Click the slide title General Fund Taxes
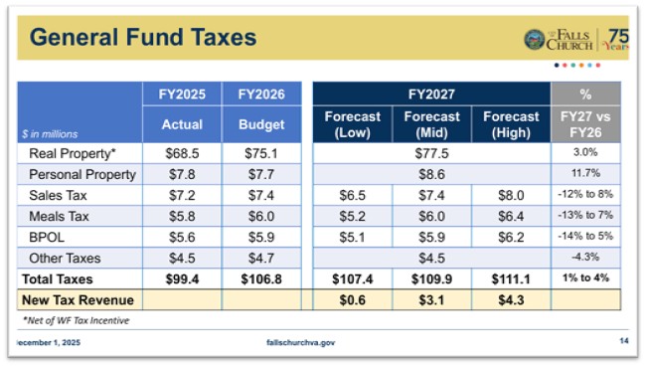click(x=143, y=39)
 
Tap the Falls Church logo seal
click(x=534, y=40)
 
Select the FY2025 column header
click(x=181, y=94)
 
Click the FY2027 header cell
click(x=431, y=94)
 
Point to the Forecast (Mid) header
click(x=431, y=124)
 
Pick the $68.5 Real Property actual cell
click(x=181, y=153)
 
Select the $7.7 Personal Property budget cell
click(x=261, y=173)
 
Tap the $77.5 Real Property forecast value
click(x=431, y=153)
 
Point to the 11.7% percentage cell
click(x=585, y=173)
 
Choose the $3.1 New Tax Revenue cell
click(x=431, y=298)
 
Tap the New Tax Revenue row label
click(x=78, y=298)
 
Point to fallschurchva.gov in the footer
click(x=301, y=343)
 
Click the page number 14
click(x=623, y=342)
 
